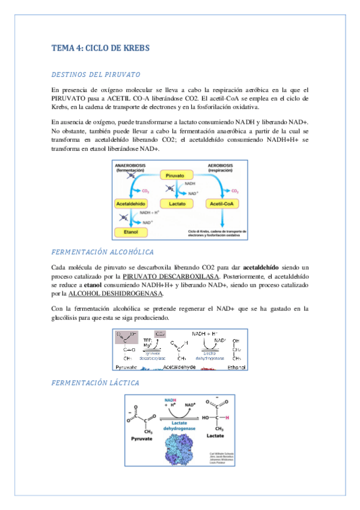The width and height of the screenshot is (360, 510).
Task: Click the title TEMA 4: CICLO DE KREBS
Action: click(x=100, y=48)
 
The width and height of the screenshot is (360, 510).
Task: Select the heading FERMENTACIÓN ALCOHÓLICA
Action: click(x=103, y=251)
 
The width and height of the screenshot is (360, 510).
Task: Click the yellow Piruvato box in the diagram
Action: click(x=178, y=176)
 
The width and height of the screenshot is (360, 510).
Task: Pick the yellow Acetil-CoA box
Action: click(x=223, y=204)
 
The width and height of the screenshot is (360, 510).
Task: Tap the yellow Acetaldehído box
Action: click(x=130, y=204)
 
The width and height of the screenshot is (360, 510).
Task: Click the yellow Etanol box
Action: click(x=130, y=232)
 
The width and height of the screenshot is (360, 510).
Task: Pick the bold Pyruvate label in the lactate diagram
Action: click(x=144, y=439)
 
